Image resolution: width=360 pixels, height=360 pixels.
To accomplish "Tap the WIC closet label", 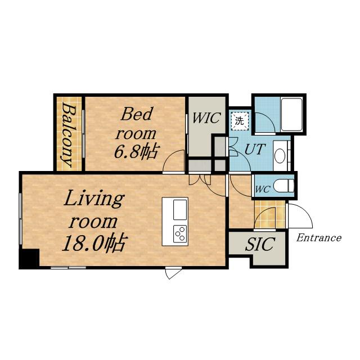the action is click(x=206, y=118).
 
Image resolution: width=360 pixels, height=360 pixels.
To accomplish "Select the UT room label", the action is click(x=255, y=149).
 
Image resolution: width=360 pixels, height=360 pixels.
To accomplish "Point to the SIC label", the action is click(x=260, y=244).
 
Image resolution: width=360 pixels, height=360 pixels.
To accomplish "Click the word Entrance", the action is click(x=319, y=238).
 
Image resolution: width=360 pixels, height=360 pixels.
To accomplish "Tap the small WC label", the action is click(x=263, y=189).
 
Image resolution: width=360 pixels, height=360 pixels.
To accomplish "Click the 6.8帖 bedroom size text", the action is click(x=136, y=152).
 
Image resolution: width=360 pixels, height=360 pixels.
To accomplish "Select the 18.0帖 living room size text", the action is click(x=94, y=243).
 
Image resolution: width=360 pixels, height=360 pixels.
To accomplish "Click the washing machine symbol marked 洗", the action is click(x=240, y=120).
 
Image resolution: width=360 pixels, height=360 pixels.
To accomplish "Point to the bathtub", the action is click(x=291, y=115).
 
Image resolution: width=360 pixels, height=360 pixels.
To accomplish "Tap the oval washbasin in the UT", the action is click(x=280, y=156).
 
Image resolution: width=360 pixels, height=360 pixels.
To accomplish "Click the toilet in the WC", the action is click(x=283, y=186).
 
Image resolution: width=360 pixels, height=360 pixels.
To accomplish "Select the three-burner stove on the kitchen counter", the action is click(x=180, y=233).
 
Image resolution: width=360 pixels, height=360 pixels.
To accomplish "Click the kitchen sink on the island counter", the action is click(x=180, y=210).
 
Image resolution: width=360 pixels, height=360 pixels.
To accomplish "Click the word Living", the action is click(x=94, y=199).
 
